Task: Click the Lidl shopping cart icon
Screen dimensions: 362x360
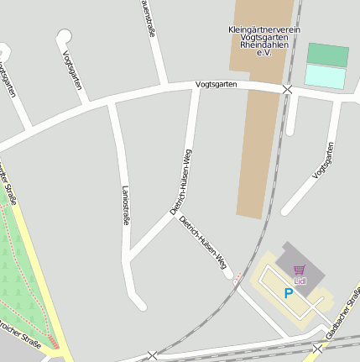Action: pyautogui.click(x=300, y=270)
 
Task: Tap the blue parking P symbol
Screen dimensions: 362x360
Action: pyautogui.click(x=288, y=293)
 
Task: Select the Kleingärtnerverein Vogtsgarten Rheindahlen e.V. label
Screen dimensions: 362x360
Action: pyautogui.click(x=263, y=40)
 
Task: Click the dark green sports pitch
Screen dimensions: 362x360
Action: pyautogui.click(x=327, y=55)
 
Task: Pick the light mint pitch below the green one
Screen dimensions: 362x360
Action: pyautogui.click(x=325, y=76)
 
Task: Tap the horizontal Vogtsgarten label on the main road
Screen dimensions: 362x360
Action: pyautogui.click(x=216, y=85)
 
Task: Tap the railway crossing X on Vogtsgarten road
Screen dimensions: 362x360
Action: pyautogui.click(x=288, y=88)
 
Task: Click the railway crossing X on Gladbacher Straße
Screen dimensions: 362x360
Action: pyautogui.click(x=317, y=347)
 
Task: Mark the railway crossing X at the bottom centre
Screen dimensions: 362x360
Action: pyautogui.click(x=152, y=356)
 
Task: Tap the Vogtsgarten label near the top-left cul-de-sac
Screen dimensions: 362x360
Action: pyautogui.click(x=72, y=70)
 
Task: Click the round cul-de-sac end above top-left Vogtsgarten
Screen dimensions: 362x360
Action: pyautogui.click(x=63, y=36)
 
